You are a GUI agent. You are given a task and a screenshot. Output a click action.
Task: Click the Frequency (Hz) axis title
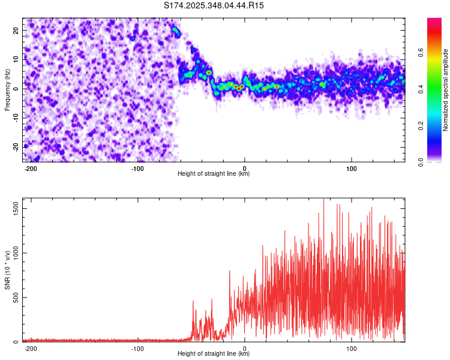coord(7,90)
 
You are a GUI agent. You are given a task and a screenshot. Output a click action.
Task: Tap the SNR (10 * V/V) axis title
coord(7,270)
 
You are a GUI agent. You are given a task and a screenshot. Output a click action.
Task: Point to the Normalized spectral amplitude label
coord(446,90)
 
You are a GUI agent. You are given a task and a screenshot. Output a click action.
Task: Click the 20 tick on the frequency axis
coord(17,30)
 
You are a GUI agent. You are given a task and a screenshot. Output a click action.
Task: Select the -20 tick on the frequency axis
coord(16,146)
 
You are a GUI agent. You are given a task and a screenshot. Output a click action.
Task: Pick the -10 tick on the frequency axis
coord(16,118)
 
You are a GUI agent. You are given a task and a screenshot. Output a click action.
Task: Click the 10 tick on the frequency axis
coord(17,59)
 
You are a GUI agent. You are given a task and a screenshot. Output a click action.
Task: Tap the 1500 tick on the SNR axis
coord(13,208)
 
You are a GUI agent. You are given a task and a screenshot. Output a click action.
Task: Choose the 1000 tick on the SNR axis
coord(13,253)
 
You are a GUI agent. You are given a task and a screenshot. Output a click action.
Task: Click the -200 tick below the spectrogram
coord(31,168)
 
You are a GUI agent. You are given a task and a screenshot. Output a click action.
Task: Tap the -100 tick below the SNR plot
coord(137,348)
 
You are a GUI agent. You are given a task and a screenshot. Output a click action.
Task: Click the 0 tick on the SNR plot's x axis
coord(245,348)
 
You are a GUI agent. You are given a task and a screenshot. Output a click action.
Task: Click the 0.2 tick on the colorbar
coord(421,125)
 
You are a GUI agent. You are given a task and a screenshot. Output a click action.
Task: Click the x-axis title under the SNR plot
coord(214,354)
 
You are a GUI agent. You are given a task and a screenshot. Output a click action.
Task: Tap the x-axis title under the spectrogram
coord(214,174)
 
